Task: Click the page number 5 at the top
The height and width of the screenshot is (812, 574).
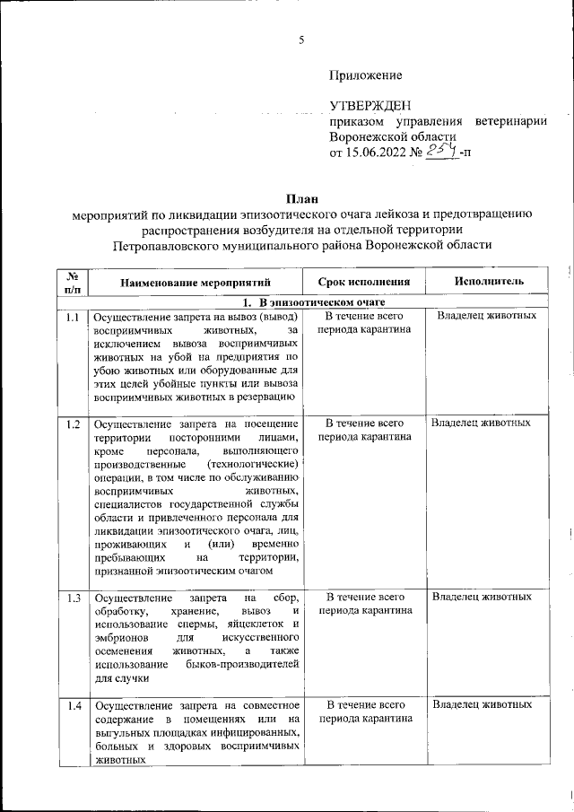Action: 301,39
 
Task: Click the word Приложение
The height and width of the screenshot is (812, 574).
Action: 366,75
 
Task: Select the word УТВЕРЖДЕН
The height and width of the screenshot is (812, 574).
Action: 369,106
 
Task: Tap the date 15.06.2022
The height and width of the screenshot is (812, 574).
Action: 377,153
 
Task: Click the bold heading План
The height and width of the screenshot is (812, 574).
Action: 301,197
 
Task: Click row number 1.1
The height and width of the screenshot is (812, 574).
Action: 74,318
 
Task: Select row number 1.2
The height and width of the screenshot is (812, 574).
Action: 74,423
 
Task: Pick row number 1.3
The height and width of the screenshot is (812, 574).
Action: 74,598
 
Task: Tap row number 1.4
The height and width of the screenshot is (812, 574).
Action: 74,705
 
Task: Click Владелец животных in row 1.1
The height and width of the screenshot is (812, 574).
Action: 487,317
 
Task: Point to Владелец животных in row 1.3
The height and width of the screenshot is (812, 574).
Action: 482,597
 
